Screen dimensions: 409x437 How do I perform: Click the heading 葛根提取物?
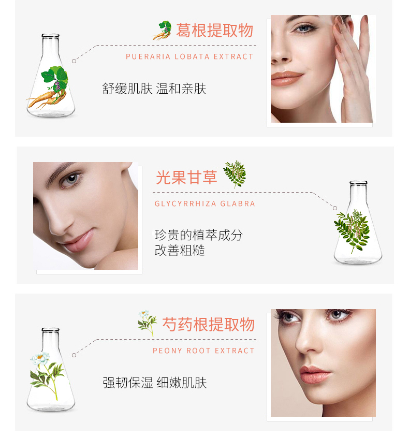tap(214, 30)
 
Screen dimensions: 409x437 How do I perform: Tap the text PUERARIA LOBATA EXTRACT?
tap(189, 56)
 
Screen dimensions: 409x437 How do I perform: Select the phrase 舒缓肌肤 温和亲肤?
tap(154, 89)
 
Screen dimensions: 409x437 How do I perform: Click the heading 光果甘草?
tap(186, 177)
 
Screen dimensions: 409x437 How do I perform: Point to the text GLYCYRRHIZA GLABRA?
tap(205, 203)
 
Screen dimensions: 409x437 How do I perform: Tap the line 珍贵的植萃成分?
tap(199, 235)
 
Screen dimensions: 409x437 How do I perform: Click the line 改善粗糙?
tap(180, 250)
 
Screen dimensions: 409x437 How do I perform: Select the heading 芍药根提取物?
tap(209, 325)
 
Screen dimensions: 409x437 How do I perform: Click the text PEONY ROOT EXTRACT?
tap(203, 351)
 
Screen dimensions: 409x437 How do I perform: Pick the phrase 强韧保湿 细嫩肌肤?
tap(155, 383)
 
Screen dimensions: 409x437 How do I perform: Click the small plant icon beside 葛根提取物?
tap(162, 31)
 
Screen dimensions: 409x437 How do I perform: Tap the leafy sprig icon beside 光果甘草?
tap(235, 174)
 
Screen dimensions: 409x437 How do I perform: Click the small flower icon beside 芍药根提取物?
tap(147, 323)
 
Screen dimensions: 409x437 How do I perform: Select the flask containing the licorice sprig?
tap(358, 223)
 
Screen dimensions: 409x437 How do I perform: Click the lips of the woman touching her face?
tap(286, 78)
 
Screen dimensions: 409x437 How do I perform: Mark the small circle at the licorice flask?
tap(335, 208)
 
